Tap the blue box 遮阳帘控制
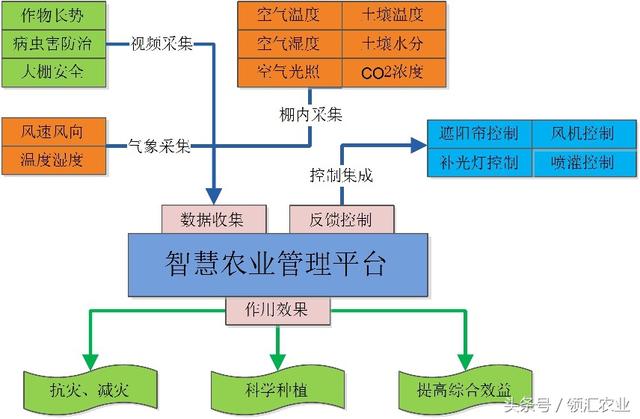coord(479,134)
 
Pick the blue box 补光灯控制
coord(479,162)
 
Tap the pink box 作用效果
coord(277,310)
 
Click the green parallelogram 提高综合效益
coord(462,385)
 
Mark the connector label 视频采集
coord(163,45)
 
